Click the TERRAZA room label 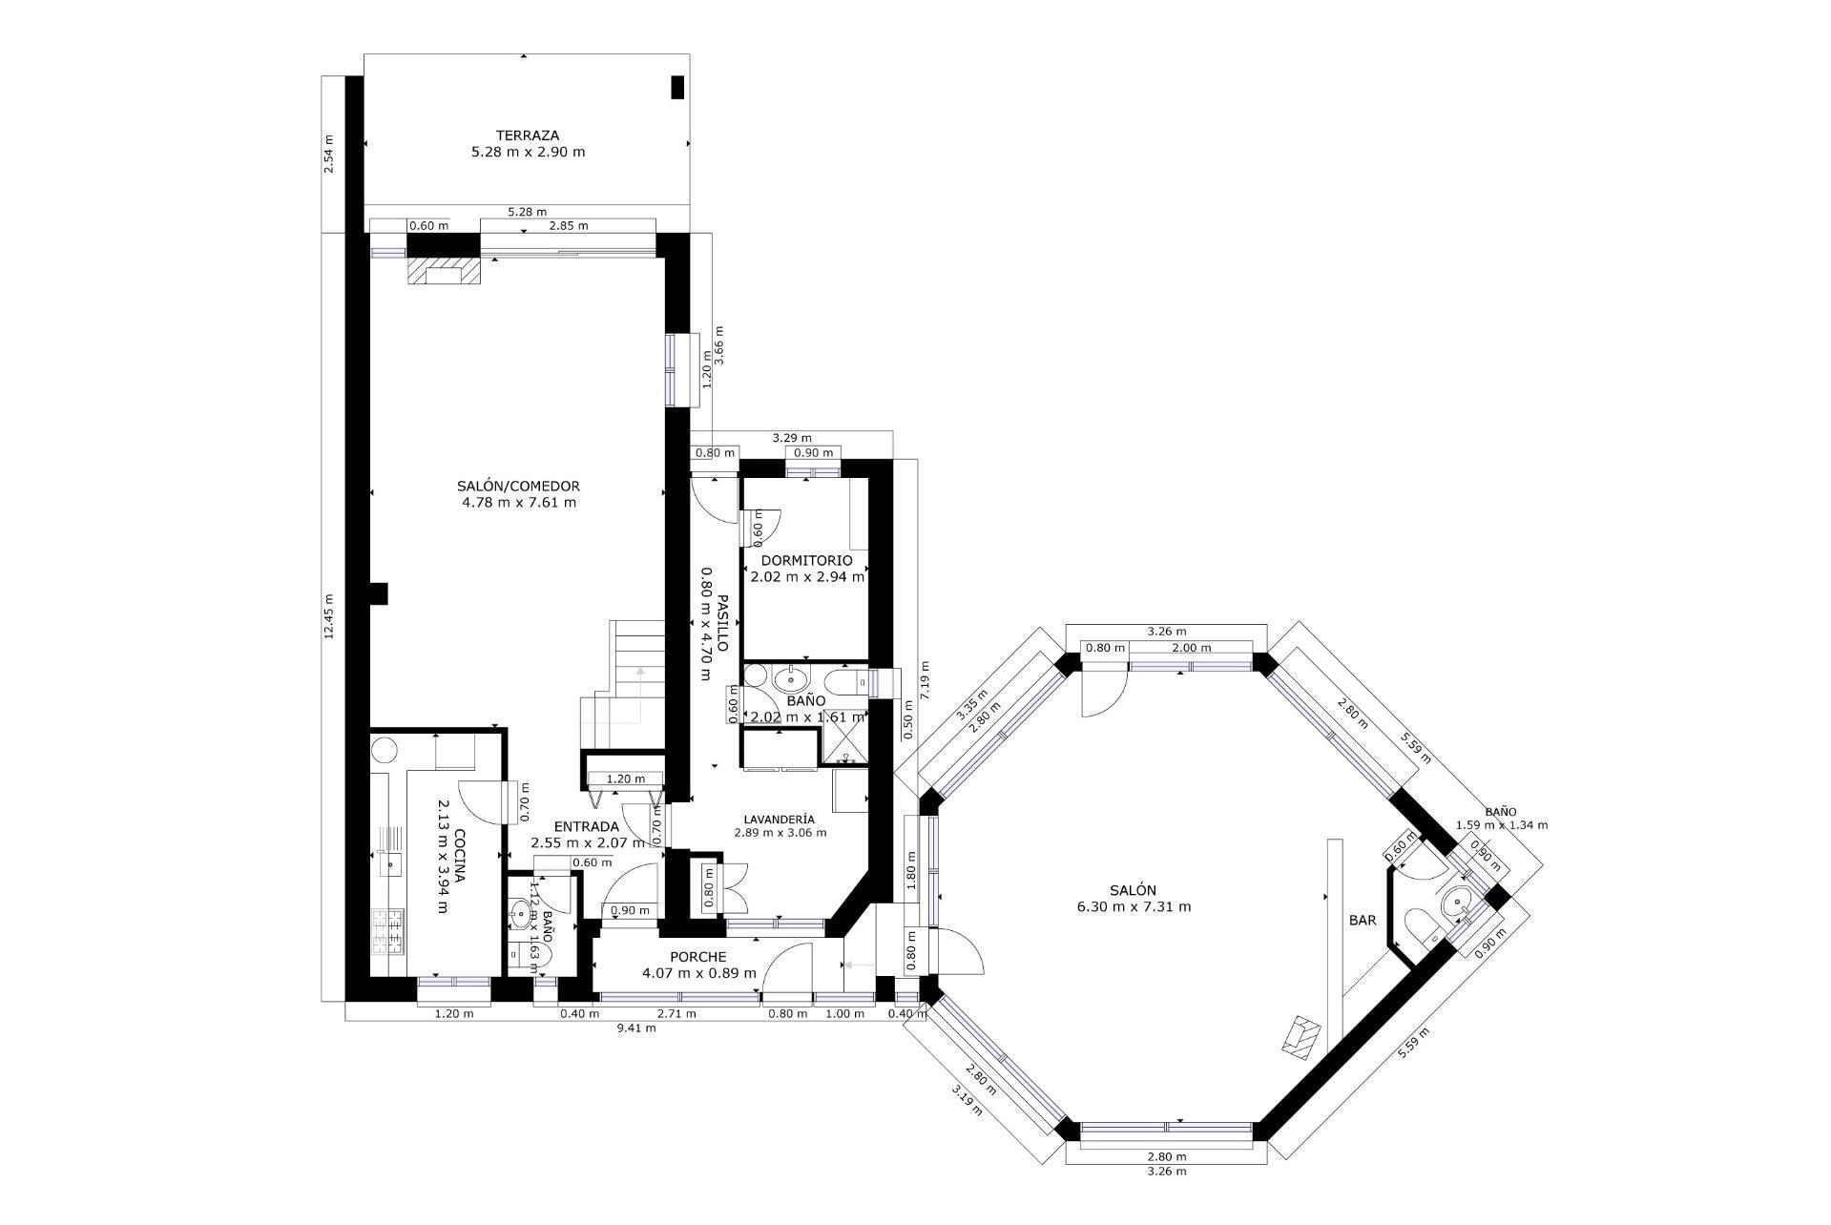click(527, 135)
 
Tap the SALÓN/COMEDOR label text click(518, 486)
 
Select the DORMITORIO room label click(806, 560)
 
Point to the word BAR click(1362, 921)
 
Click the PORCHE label click(697, 957)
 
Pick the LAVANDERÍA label click(780, 819)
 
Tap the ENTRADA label click(587, 826)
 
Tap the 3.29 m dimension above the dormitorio click(791, 438)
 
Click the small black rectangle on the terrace click(677, 87)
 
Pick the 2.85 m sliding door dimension click(568, 226)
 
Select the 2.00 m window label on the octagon click(1192, 648)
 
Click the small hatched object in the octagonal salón click(1301, 1036)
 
